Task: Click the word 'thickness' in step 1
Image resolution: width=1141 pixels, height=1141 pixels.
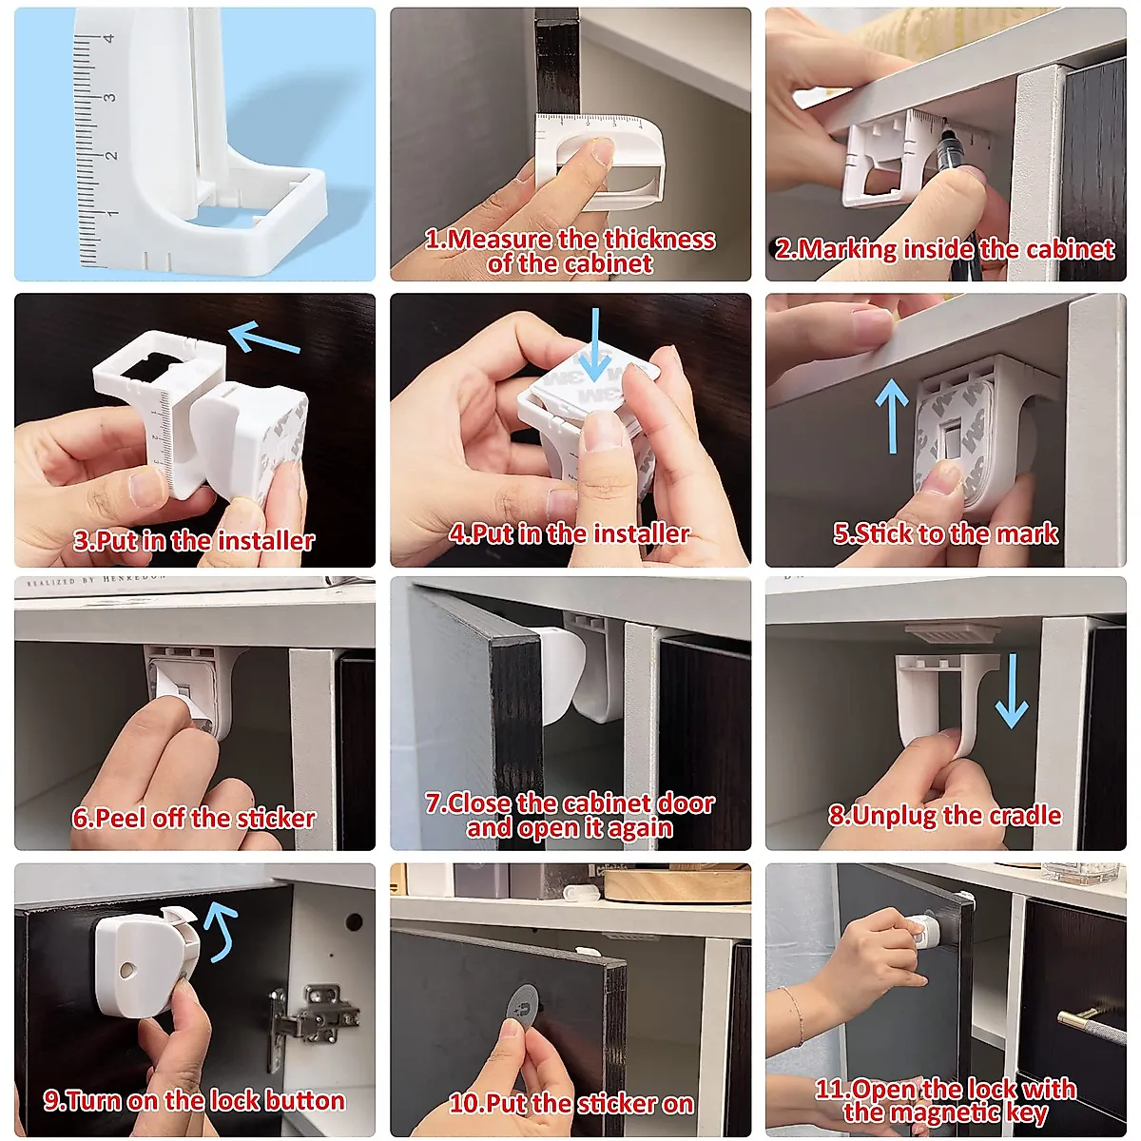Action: pyautogui.click(x=659, y=240)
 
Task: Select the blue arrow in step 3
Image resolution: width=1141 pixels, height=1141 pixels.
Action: pyautogui.click(x=264, y=338)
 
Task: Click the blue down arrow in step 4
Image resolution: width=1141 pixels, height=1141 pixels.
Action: pyautogui.click(x=595, y=346)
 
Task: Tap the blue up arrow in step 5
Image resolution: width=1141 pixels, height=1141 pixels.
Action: pyautogui.click(x=892, y=416)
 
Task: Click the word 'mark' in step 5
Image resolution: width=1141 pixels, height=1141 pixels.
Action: pyautogui.click(x=1027, y=533)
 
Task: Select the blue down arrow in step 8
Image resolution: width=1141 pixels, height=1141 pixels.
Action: pyautogui.click(x=1012, y=691)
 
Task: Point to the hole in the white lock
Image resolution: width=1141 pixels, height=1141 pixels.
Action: pyautogui.click(x=126, y=971)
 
